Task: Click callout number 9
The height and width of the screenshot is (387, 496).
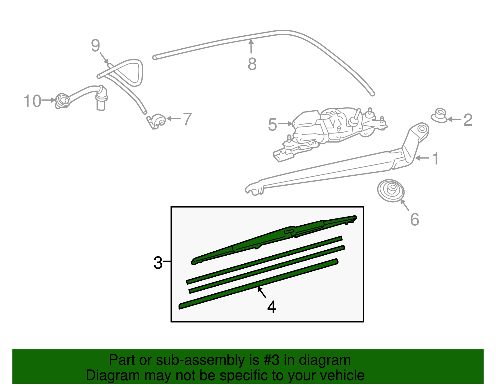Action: (95, 46)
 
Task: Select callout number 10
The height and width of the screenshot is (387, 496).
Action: (33, 101)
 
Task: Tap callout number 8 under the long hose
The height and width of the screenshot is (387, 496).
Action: (252, 64)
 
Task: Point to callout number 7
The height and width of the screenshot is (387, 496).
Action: (187, 119)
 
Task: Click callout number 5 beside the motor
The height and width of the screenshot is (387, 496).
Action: (272, 125)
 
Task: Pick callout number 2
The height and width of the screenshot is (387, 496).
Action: (468, 120)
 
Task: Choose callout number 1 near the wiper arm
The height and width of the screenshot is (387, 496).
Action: (436, 159)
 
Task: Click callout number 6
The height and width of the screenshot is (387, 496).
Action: (414, 219)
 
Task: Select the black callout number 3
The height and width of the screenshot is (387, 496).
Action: (158, 263)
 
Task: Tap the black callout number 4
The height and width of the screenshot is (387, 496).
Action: (272, 307)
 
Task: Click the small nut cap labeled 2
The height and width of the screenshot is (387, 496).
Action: (439, 115)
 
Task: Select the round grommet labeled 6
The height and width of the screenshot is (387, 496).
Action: (391, 191)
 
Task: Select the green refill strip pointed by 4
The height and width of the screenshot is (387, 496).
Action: (257, 284)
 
